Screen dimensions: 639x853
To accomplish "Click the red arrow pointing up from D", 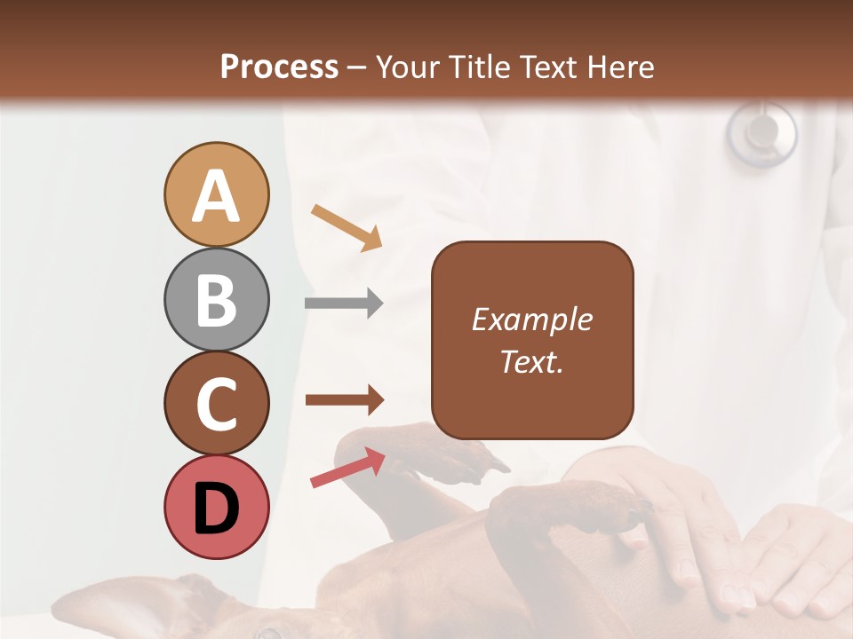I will [347, 468].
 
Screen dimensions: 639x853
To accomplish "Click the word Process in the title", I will [279, 67].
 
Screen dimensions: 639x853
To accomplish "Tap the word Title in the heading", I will [479, 67].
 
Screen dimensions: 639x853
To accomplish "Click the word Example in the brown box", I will [531, 319].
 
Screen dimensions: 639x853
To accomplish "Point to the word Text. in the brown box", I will [531, 361].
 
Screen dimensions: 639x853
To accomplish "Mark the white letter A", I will [216, 197].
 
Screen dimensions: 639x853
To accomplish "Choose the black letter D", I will [216, 509].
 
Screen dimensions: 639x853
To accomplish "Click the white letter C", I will [216, 405].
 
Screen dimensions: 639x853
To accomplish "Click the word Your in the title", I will [408, 67].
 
